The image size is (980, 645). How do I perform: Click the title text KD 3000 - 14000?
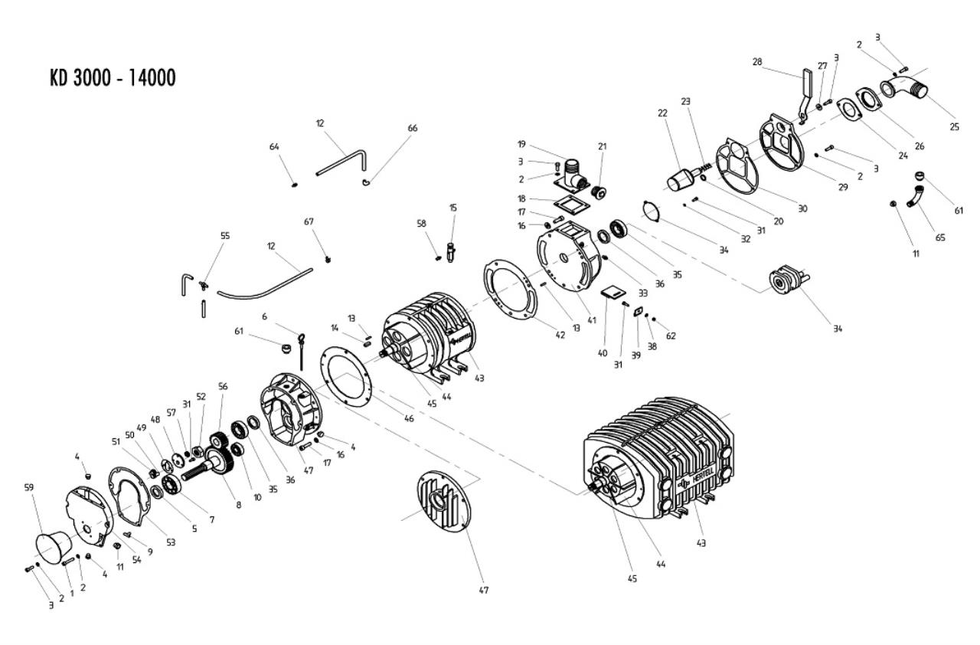point(113,78)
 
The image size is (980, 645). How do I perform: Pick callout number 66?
point(413,128)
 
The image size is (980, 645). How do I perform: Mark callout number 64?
point(274,146)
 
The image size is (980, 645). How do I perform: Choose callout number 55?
point(224,236)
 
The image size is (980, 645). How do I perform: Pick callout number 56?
point(224,386)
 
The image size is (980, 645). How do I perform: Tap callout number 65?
point(940,237)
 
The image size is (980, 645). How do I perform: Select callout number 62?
point(671,336)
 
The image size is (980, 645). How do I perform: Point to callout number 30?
point(802,208)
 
